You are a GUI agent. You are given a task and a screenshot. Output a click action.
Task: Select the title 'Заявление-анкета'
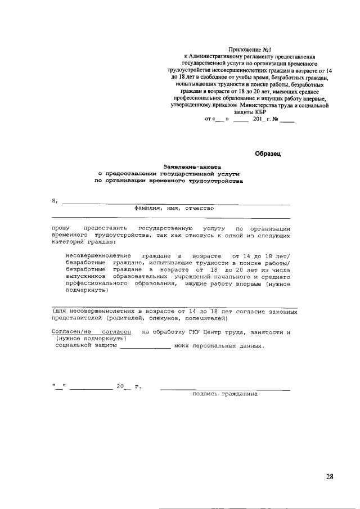(192, 167)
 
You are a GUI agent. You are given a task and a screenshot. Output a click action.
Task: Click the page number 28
(329, 477)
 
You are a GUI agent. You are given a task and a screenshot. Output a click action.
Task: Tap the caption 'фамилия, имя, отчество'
(174, 208)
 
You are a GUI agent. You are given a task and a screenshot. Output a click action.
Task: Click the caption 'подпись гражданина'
(224, 394)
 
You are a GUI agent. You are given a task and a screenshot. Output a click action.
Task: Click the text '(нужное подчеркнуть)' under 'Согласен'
(92, 339)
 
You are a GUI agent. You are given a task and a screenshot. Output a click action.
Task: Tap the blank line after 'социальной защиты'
(146, 347)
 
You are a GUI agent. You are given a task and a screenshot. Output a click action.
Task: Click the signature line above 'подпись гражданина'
(225, 389)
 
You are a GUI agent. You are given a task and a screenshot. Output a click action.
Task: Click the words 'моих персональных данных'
(218, 346)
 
